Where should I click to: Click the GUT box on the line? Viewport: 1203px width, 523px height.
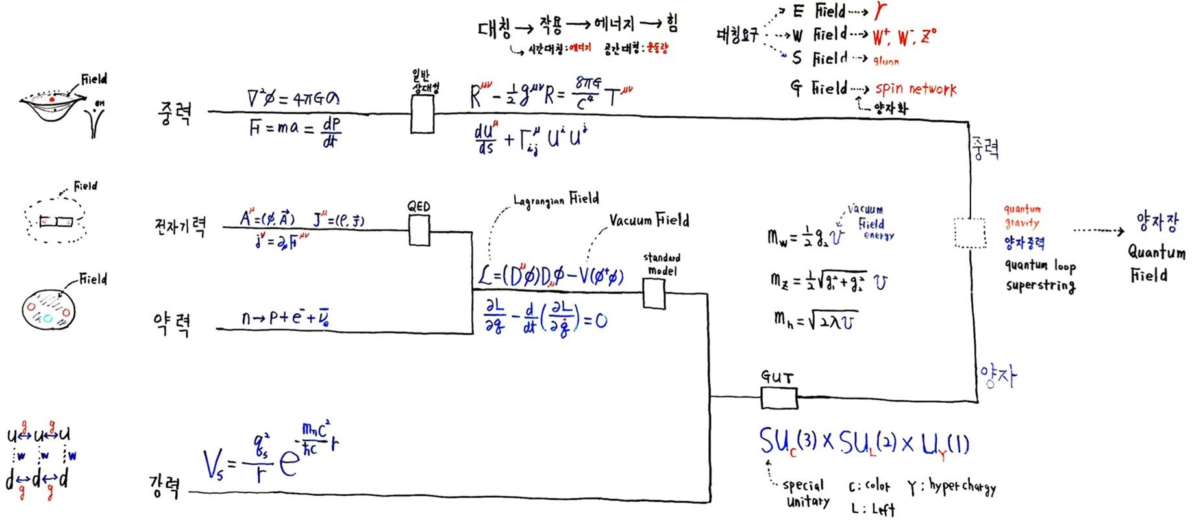[778, 398]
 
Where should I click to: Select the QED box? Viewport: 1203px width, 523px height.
[419, 230]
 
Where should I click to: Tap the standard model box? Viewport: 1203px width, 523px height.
[654, 294]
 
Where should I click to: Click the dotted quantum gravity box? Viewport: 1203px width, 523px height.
[970, 233]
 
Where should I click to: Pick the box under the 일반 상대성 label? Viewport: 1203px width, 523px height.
[422, 114]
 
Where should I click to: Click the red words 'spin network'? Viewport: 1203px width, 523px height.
[915, 88]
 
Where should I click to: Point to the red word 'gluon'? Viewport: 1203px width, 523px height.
[886, 61]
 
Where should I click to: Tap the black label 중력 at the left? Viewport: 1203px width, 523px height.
[174, 112]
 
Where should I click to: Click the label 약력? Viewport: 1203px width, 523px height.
[171, 323]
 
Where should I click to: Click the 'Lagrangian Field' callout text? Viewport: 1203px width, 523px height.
[556, 199]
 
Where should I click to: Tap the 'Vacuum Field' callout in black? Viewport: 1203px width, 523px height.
[649, 220]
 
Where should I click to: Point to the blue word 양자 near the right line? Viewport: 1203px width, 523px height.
[998, 376]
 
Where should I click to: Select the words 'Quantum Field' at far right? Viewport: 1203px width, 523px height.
[1156, 263]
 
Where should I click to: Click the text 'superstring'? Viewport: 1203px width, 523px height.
[1040, 285]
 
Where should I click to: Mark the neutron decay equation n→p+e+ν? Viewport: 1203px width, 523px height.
[288, 318]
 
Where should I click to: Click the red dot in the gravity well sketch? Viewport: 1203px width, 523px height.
[52, 99]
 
